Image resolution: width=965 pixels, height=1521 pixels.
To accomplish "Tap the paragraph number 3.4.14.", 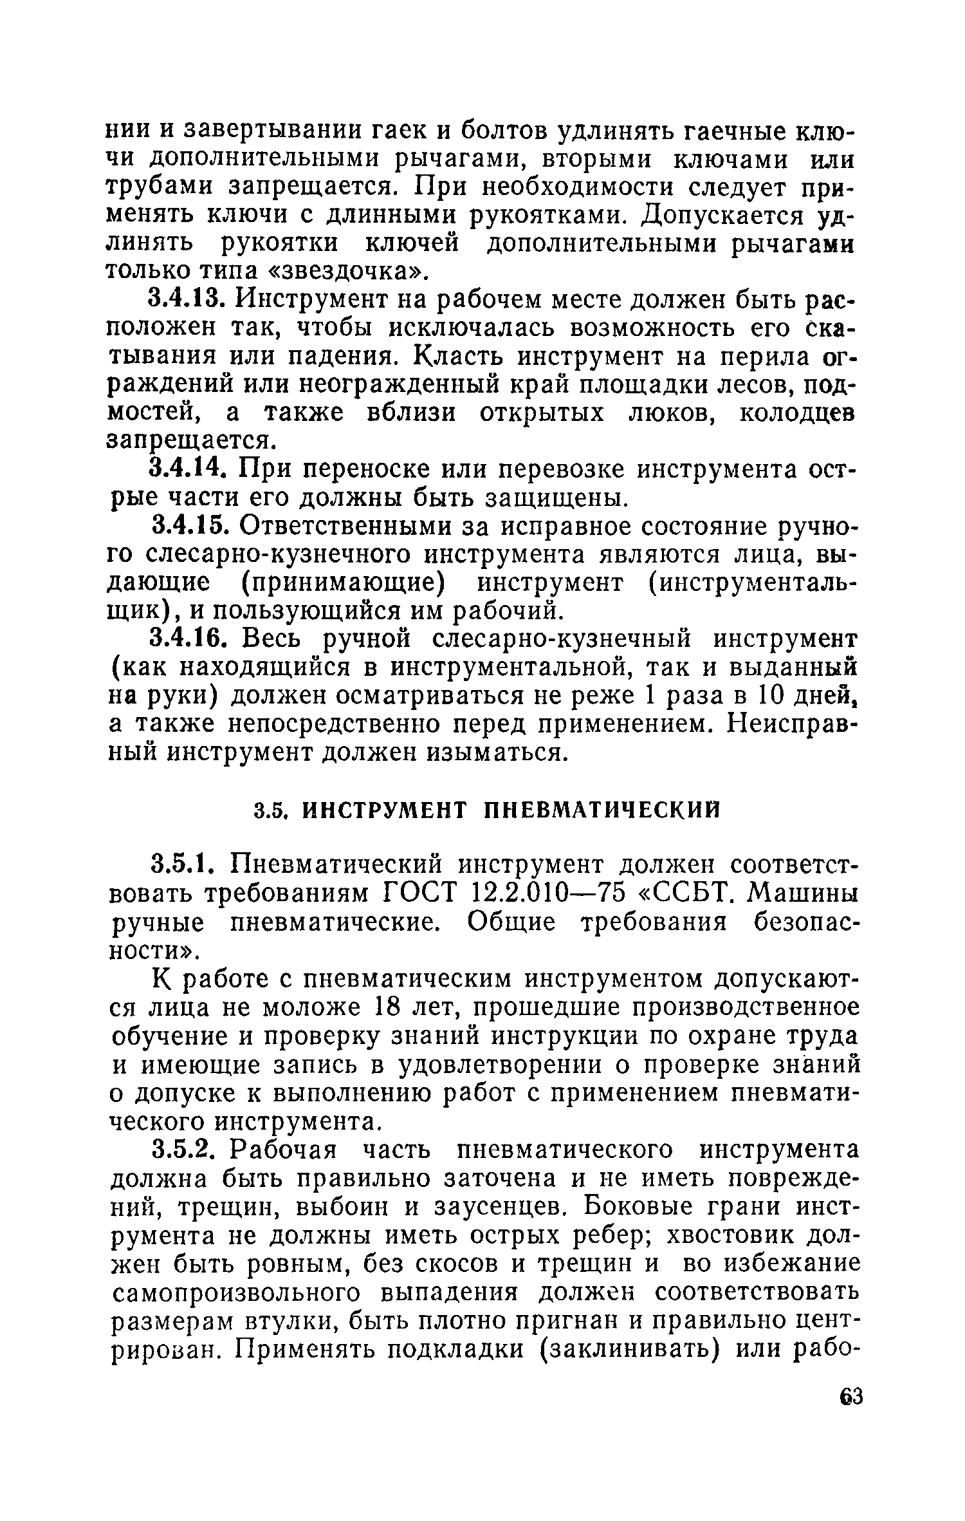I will [x=187, y=471].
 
